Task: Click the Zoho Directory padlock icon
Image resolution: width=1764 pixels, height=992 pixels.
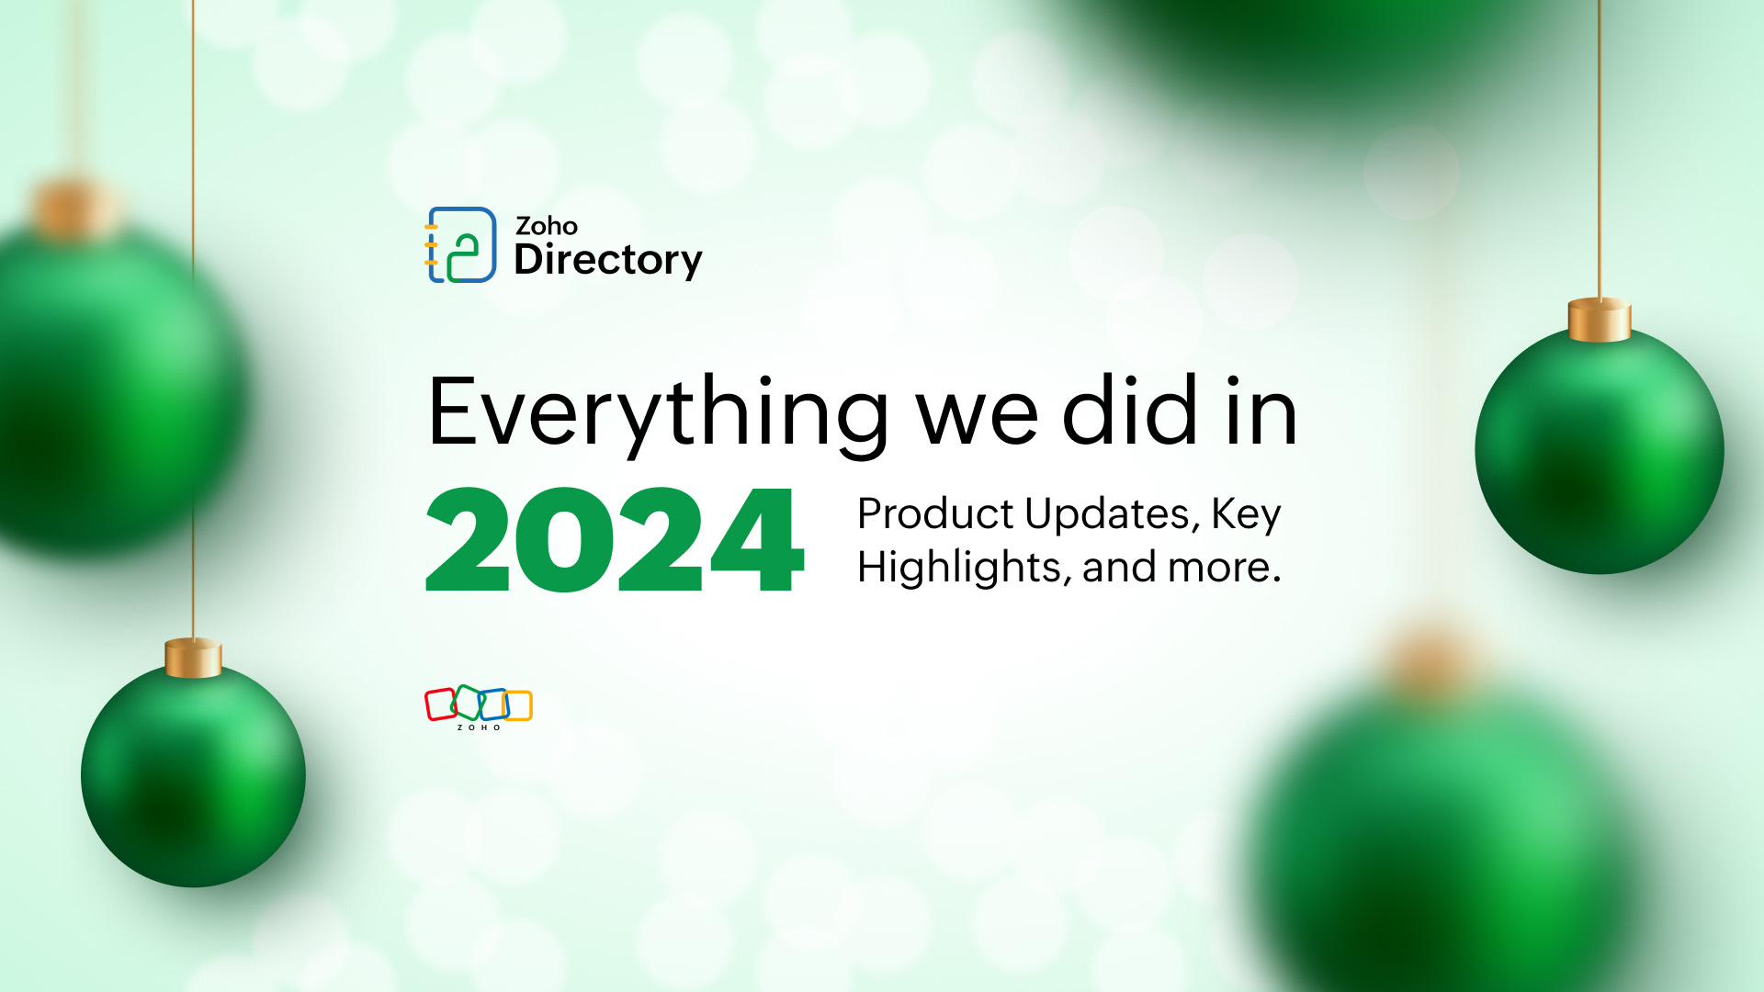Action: (460, 245)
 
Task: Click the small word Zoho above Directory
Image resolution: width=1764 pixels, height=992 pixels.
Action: (546, 226)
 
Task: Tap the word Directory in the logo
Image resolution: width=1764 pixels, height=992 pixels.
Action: (607, 260)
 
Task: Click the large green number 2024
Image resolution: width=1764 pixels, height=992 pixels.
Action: (614, 540)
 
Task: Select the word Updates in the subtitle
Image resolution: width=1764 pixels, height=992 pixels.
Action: (1111, 513)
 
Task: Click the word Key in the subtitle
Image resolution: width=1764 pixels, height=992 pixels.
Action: (1246, 513)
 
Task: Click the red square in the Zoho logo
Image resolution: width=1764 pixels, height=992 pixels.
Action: (440, 705)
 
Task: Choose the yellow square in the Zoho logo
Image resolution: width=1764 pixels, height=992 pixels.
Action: (519, 705)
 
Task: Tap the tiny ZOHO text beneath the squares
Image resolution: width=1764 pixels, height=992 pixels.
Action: (479, 727)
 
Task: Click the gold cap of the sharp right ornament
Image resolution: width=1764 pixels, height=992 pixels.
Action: (1599, 320)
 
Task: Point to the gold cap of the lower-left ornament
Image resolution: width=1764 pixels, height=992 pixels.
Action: (193, 659)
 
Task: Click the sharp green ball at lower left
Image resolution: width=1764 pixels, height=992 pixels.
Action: (193, 776)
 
